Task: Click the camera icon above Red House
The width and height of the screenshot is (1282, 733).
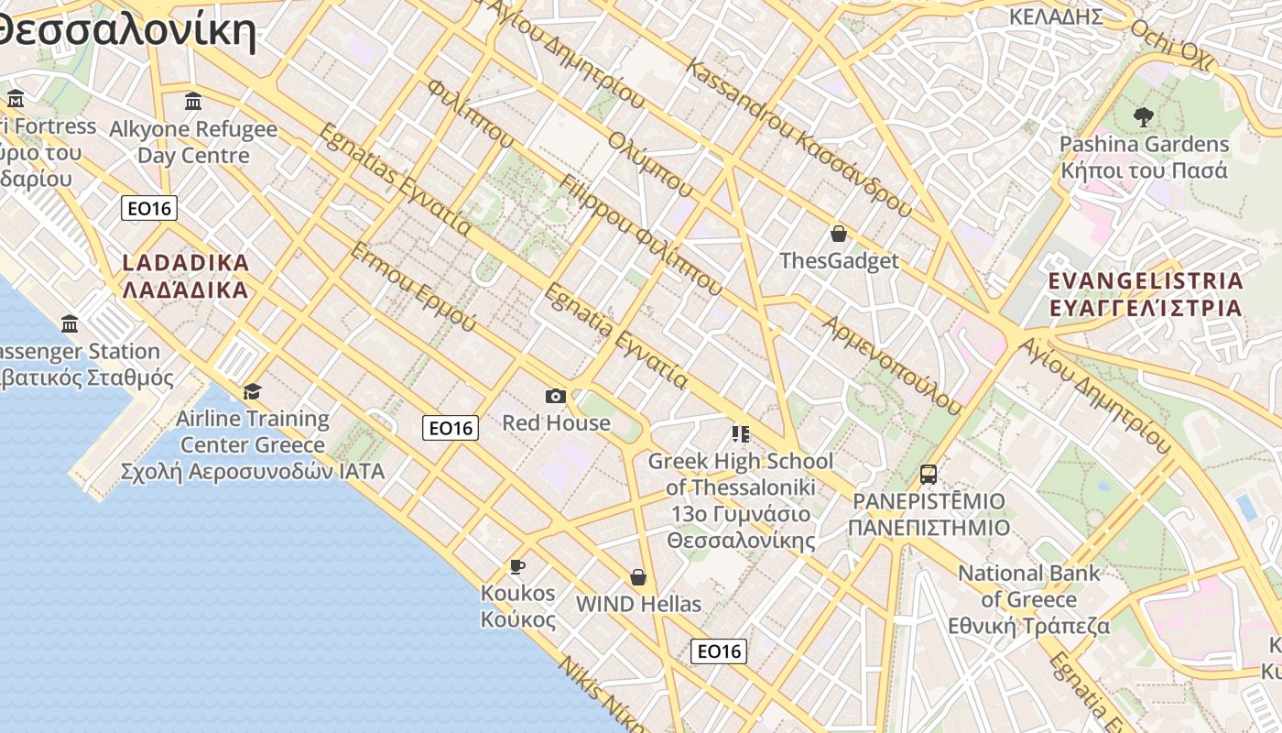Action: (555, 396)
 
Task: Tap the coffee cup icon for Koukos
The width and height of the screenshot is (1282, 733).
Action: (517, 566)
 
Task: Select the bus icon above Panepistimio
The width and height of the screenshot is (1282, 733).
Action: (929, 475)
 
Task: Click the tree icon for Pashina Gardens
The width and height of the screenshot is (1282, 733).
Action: (1143, 116)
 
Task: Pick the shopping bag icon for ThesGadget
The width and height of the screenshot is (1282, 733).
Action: (838, 234)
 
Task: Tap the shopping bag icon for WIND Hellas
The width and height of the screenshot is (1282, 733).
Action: (638, 577)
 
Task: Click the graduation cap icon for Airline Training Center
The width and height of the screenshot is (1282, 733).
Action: (252, 392)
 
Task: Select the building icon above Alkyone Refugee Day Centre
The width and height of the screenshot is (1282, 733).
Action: (192, 101)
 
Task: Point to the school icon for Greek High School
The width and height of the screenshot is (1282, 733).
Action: (740, 433)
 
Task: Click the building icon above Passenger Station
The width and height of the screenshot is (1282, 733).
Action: (70, 323)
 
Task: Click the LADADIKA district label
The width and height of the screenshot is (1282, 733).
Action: (186, 277)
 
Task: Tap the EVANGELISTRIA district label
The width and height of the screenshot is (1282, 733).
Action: (1146, 293)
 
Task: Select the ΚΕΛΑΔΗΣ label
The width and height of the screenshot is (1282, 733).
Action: (1055, 16)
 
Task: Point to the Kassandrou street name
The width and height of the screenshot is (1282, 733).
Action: (797, 137)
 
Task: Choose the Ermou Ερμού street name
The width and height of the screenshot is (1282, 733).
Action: (413, 287)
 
